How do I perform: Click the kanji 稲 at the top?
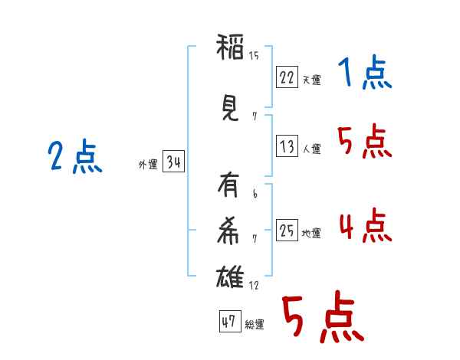tap(230, 48)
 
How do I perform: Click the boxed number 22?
tap(287, 77)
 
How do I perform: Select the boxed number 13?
tap(287, 146)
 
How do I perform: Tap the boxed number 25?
tap(287, 231)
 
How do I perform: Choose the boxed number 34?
tap(173, 163)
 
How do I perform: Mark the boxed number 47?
tap(229, 322)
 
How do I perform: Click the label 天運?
tap(311, 80)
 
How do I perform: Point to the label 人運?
tap(311, 149)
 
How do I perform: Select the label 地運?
tap(311, 233)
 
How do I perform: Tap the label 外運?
tap(147, 165)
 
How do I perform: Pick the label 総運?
tap(255, 325)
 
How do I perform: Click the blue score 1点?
tap(364, 74)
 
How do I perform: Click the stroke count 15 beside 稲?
tap(254, 55)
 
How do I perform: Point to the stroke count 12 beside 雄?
tap(254, 286)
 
